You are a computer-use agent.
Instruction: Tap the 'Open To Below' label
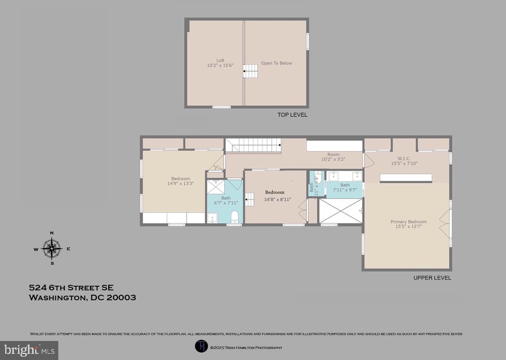click(277, 63)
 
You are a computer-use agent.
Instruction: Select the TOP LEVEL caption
click(293, 115)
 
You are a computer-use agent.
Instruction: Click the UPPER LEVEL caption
click(432, 278)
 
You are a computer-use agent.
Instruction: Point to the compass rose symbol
click(51, 248)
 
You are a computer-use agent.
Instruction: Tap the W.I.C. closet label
click(404, 159)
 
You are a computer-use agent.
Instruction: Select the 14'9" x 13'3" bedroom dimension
click(180, 184)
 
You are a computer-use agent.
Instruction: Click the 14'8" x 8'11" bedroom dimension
click(278, 200)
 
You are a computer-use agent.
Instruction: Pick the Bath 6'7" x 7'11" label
click(226, 200)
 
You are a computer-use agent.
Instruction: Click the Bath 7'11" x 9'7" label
click(345, 187)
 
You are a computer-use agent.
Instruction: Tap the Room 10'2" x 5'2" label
click(334, 157)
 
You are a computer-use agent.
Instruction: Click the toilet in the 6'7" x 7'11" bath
click(235, 217)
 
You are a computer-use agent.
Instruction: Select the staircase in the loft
click(251, 71)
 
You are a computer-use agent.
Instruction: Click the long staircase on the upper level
click(253, 145)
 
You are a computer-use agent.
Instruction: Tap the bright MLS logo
click(29, 350)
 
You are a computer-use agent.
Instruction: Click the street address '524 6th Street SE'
click(71, 288)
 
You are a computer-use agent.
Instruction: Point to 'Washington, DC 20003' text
click(83, 297)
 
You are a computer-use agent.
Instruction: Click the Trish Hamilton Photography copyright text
click(246, 348)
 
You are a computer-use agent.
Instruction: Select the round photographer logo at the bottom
click(202, 347)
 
